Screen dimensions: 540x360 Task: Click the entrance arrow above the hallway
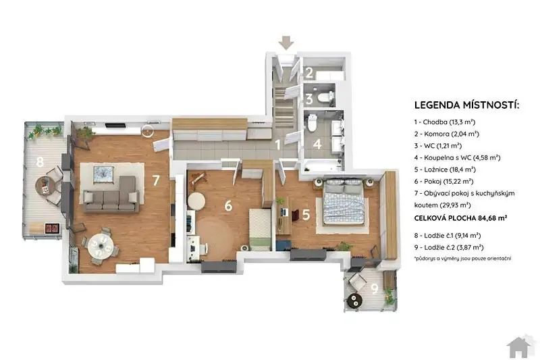pos(286,43)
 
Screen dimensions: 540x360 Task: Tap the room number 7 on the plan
pos(156,180)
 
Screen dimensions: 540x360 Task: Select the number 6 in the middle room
pos(228,205)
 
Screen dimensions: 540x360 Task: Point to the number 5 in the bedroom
pos(306,215)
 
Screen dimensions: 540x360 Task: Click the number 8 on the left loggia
pos(40,161)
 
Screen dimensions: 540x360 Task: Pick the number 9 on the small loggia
pos(375,288)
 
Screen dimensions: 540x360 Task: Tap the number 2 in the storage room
pos(309,73)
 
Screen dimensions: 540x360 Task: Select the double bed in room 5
pos(344,203)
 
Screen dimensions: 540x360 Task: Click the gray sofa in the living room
pos(111,195)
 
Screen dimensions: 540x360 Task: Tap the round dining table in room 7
pos(101,246)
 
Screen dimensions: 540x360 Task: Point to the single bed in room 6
pos(260,229)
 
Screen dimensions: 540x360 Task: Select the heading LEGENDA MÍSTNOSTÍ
pos(466,105)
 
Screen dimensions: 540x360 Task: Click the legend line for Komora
pos(447,134)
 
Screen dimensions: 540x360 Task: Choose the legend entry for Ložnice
pos(445,170)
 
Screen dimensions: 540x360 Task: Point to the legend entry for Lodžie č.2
pos(449,247)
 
